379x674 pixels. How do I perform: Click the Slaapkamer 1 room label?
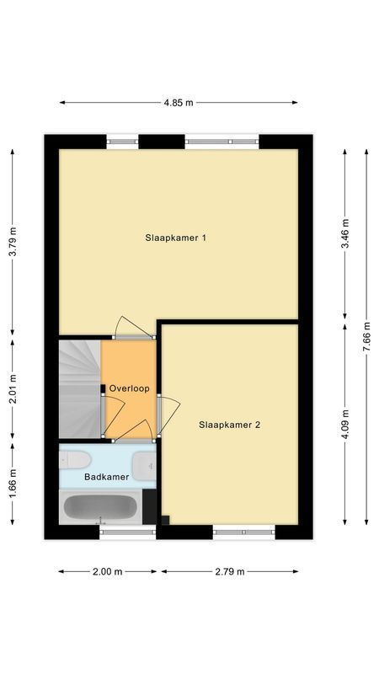(176, 238)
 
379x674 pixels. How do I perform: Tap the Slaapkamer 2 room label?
(229, 425)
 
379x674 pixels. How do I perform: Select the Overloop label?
(129, 388)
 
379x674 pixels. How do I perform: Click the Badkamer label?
(107, 477)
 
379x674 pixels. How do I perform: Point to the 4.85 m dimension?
(179, 103)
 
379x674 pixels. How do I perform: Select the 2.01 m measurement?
(13, 389)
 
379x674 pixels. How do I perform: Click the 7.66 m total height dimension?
(366, 337)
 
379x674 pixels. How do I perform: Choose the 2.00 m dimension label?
(108, 571)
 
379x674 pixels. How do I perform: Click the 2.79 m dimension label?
(229, 571)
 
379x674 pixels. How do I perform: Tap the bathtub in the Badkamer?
(101, 508)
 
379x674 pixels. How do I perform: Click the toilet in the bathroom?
(76, 460)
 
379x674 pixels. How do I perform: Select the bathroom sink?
(145, 463)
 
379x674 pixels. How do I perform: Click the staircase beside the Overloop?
(79, 388)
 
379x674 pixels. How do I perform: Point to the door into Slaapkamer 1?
(133, 329)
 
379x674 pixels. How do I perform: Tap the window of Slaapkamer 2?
(244, 532)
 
